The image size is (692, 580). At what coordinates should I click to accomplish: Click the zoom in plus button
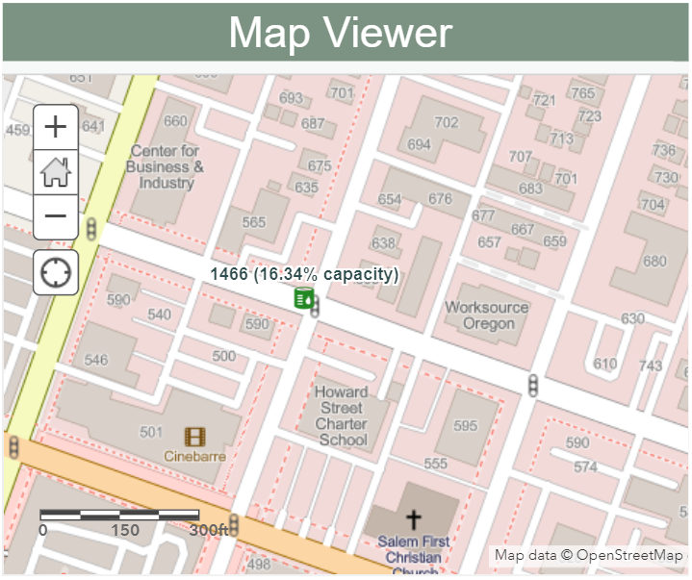56,126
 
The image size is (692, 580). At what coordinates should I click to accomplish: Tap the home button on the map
56,172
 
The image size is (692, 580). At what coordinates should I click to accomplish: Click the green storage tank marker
304,299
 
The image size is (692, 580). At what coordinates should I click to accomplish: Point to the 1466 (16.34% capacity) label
304,275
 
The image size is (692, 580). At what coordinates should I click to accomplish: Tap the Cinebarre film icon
195,437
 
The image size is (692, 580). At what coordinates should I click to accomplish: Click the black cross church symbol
414,520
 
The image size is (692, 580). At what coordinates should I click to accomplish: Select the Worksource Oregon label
487,315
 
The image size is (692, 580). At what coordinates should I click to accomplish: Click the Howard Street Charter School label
342,416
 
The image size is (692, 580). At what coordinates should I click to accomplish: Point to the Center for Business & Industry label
165,166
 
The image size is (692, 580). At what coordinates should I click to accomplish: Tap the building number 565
253,222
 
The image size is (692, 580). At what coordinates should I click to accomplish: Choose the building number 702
447,122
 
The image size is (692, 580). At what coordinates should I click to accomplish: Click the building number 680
654,262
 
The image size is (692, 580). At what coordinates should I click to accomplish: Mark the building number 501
151,432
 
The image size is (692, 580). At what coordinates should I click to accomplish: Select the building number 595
465,426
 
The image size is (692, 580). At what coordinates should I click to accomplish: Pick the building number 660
175,121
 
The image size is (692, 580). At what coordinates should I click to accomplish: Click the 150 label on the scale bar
125,530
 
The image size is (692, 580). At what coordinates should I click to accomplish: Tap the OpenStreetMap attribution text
589,555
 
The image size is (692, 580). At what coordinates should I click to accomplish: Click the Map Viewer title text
341,34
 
